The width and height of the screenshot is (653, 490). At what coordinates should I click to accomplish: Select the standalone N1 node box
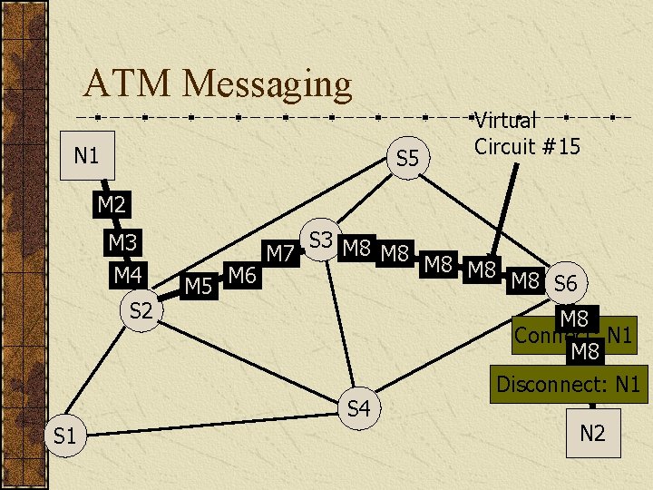(x=86, y=155)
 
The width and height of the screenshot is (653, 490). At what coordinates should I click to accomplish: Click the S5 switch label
(x=408, y=159)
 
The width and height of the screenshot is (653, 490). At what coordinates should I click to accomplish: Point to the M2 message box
(x=111, y=205)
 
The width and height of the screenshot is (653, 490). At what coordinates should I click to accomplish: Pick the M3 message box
(x=122, y=242)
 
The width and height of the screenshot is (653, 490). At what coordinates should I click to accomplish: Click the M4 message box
(x=127, y=273)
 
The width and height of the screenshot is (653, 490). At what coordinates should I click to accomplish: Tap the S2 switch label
(x=141, y=311)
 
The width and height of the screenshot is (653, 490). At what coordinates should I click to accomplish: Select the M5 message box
(x=198, y=288)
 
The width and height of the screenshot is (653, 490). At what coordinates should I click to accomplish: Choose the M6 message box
(x=241, y=274)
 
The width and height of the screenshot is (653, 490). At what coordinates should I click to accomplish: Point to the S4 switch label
(x=359, y=409)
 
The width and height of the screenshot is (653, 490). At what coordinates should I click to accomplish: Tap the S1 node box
(x=64, y=436)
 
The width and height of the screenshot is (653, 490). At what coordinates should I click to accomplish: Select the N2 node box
(x=591, y=433)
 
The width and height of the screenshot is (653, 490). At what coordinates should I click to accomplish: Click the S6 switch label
(x=565, y=283)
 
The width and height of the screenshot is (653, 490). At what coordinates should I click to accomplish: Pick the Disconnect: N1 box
(x=568, y=385)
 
